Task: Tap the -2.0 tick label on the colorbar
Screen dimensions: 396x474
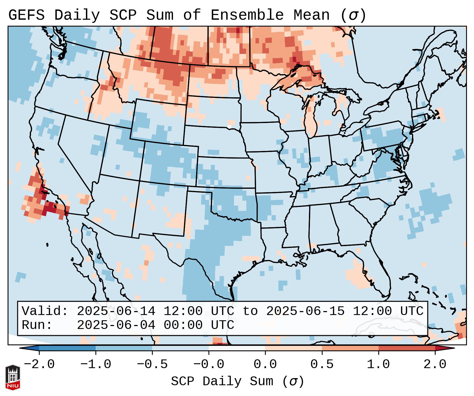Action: coord(39,364)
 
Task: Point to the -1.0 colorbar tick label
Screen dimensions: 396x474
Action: coord(96,364)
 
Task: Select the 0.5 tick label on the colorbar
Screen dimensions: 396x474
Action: coord(322,364)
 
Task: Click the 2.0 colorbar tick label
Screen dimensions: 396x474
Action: coord(435,364)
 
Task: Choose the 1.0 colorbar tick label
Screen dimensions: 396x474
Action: coord(378,364)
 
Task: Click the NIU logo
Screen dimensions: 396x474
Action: coord(13,377)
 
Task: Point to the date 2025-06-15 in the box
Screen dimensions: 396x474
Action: coord(305,311)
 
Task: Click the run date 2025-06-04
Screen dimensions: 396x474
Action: coord(116,325)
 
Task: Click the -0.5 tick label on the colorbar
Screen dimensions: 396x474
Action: coord(152,364)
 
